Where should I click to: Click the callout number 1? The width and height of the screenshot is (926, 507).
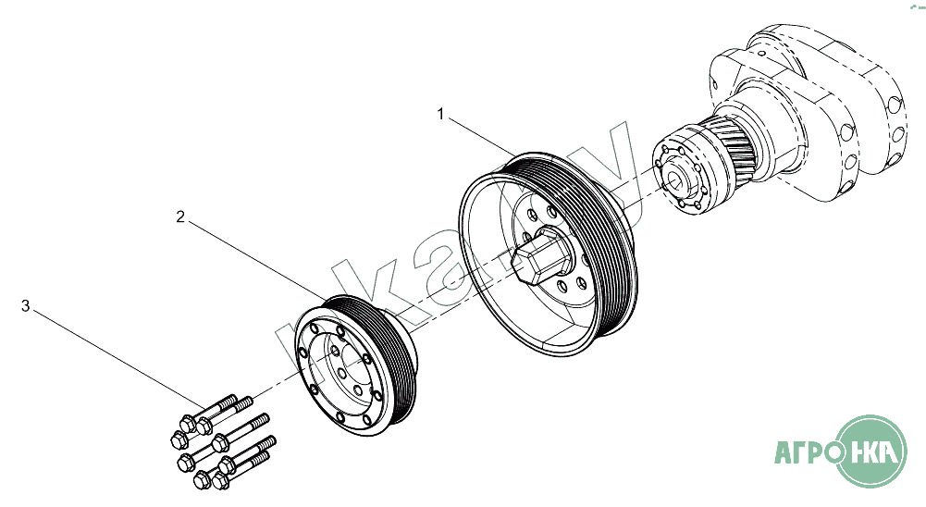[x=441, y=115]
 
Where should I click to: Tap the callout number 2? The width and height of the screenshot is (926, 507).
[x=181, y=217]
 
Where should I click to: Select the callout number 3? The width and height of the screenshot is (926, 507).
[x=26, y=304]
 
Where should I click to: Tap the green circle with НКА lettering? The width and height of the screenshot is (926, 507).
[x=873, y=451]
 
